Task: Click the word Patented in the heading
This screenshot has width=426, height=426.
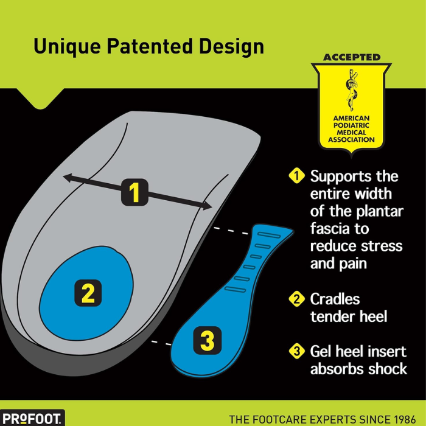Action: click(150, 46)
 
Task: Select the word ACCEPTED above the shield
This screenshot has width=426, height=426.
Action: click(352, 57)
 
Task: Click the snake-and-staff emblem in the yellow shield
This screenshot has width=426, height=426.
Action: click(351, 90)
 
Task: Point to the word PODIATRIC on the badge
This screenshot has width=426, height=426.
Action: click(351, 125)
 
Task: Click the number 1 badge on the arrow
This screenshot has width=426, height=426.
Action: click(134, 192)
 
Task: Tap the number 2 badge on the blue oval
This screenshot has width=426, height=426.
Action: click(88, 293)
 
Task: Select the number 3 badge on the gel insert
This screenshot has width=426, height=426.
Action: click(208, 340)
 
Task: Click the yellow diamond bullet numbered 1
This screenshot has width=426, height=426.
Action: click(297, 175)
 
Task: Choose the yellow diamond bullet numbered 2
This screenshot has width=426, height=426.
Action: click(297, 299)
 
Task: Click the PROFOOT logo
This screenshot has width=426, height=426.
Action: click(32, 419)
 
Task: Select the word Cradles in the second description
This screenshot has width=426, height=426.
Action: click(335, 299)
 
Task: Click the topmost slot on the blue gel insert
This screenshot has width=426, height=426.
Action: click(269, 235)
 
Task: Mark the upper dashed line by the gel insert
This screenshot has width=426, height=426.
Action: click(231, 231)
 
